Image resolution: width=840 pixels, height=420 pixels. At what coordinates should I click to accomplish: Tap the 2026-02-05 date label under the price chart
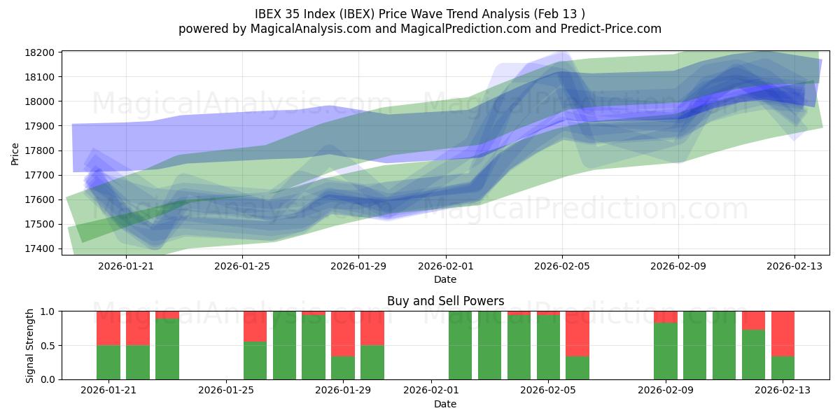(x=562, y=266)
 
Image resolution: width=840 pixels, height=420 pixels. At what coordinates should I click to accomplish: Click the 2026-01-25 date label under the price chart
(x=242, y=266)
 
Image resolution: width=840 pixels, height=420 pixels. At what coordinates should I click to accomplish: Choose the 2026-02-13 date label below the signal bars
(x=783, y=391)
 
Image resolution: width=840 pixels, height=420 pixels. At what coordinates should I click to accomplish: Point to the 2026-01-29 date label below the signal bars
(x=344, y=391)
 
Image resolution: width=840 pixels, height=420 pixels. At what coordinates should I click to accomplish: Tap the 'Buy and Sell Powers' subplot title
(x=445, y=301)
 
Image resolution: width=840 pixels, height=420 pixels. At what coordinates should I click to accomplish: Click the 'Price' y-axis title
(x=15, y=153)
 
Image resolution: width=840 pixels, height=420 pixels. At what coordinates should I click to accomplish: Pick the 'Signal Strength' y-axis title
(x=29, y=345)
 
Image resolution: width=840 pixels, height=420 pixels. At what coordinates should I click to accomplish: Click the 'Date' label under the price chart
(x=445, y=279)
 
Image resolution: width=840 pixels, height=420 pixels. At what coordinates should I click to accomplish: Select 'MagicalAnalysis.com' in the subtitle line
(x=302, y=29)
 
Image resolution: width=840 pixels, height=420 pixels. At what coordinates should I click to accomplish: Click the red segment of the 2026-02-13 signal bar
(x=783, y=334)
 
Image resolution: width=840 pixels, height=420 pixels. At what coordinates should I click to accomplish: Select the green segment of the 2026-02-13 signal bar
(x=783, y=368)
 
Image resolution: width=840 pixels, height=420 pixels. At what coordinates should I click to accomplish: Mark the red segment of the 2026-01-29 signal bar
(x=343, y=334)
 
